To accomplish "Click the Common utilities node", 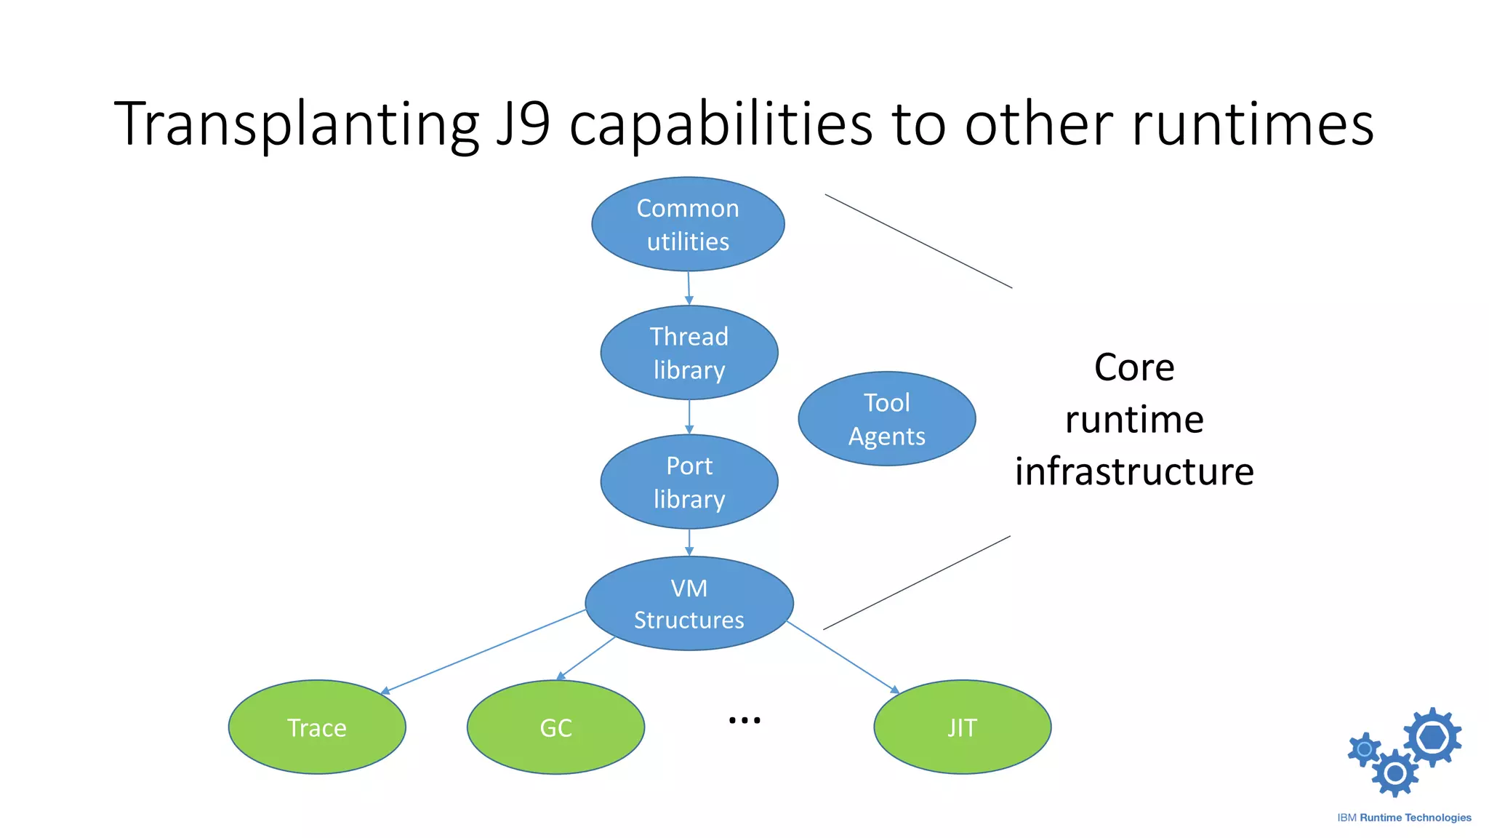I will tap(688, 224).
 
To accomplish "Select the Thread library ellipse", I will tap(689, 353).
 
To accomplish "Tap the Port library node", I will tap(689, 482).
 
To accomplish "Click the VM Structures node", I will tap(689, 603).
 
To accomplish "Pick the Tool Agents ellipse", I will tap(886, 419).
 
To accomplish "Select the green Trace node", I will tap(317, 727).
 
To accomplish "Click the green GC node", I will tap(555, 727).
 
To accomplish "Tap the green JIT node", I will tap(962, 727).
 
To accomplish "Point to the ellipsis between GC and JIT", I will tap(744, 720).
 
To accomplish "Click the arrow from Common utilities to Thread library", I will tap(689, 288).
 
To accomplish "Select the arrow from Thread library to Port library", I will tap(689, 417).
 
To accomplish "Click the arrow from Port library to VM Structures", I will tap(689, 542).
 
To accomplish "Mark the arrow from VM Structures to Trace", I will tap(483, 651).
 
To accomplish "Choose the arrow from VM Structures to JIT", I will tap(843, 657).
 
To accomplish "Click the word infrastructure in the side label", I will tap(1134, 471).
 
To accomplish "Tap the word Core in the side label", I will tap(1134, 367).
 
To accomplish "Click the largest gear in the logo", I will tap(1432, 737).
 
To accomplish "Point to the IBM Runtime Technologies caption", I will tap(1404, 818).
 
